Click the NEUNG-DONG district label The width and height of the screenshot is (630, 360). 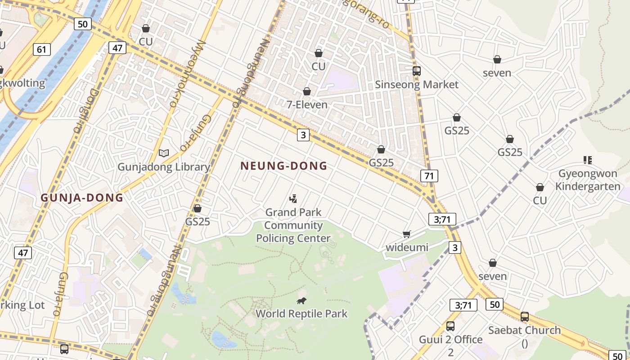283,166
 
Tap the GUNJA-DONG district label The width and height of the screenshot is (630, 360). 82,198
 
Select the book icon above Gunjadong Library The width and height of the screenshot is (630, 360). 164,153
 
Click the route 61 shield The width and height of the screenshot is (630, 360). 41,49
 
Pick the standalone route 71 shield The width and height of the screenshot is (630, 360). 429,175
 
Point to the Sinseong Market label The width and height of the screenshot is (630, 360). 417,85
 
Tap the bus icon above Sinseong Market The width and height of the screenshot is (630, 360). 417,71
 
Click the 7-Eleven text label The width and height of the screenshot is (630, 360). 307,104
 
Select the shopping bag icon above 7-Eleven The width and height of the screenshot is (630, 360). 307,91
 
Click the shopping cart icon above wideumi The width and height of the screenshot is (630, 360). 407,234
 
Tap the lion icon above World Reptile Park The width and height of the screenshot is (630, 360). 301,301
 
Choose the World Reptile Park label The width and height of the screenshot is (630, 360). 301,313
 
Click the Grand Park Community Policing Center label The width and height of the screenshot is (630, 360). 293,225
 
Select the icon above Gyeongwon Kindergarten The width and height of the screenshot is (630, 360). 587,160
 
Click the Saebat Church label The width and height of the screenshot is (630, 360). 525,330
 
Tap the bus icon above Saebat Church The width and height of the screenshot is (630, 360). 525,317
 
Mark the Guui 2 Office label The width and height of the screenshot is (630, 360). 450,345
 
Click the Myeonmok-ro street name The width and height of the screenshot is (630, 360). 187,74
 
